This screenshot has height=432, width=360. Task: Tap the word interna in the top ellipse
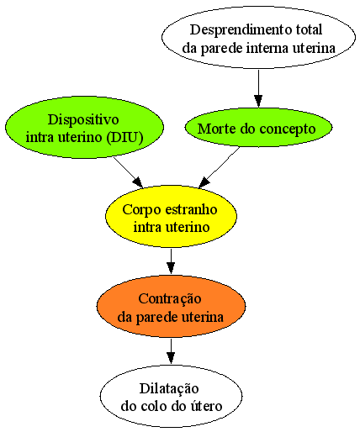click(267, 48)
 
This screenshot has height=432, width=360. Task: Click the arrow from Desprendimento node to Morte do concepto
click(258, 88)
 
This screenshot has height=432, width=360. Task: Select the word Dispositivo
click(83, 120)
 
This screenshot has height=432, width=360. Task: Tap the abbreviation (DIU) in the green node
click(124, 137)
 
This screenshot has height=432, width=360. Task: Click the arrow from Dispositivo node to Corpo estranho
click(128, 172)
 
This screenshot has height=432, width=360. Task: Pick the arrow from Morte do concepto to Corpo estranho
click(219, 167)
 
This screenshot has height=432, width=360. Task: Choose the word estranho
click(191, 209)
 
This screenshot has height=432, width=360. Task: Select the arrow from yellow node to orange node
click(171, 261)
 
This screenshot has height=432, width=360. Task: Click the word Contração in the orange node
click(170, 299)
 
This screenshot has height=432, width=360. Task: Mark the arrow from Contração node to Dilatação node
click(171, 351)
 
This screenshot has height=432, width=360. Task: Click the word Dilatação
click(169, 389)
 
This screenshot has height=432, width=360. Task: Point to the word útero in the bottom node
click(207, 406)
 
